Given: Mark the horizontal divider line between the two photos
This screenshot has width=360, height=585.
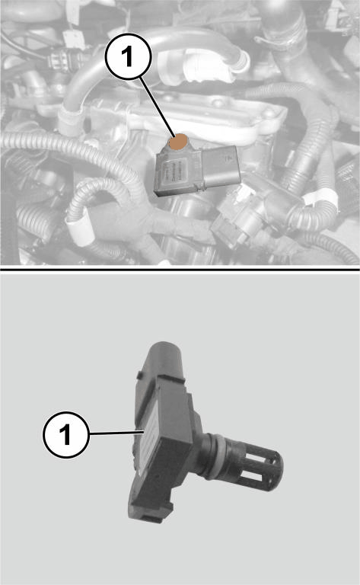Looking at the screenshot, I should pyautogui.click(x=180, y=269).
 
